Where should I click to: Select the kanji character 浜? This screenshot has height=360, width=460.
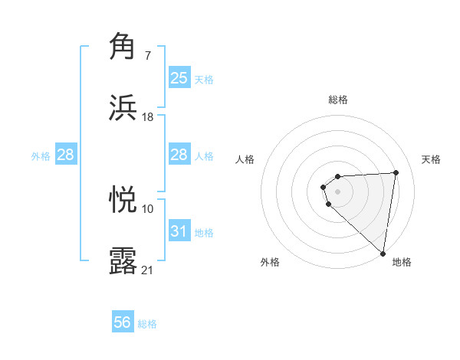pos(123,107)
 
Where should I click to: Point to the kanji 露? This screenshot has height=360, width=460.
pos(123,260)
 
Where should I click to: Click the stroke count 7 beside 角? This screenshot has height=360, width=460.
pos(147,56)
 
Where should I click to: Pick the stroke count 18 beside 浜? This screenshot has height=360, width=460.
pos(147,116)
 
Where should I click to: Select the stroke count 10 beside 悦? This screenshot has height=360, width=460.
pos(147,208)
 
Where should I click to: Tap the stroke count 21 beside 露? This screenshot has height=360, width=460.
pos(147,269)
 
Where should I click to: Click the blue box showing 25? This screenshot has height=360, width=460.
pos(179,78)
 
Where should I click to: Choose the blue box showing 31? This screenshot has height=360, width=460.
pos(179,231)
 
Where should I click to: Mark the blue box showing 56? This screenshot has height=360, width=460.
pos(123,323)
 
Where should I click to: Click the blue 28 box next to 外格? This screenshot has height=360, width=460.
pos(65,155)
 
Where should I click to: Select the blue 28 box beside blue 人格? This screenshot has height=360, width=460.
pos(179,155)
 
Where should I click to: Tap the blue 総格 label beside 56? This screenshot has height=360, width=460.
pos(147,324)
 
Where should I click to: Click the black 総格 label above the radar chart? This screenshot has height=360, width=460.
pos(338,100)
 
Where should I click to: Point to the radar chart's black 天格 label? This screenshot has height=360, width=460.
pos(431,159)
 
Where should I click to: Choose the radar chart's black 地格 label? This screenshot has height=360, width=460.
pos(402,262)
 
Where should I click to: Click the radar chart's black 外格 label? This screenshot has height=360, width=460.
pos(270,262)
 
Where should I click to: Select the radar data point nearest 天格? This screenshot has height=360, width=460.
pos(396,172)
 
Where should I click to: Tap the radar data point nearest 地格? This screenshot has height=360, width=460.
pos(383,253)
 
